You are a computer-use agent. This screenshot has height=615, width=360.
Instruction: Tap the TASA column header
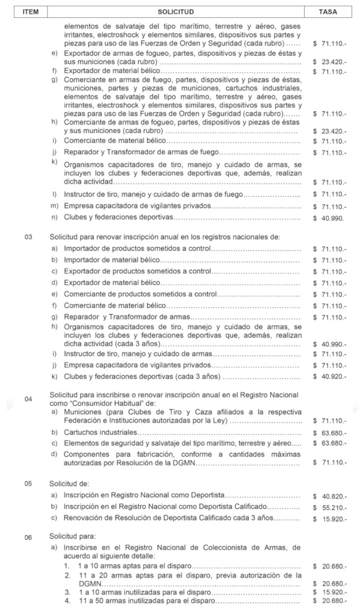(x=328, y=11)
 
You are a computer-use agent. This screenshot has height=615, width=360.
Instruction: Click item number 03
(x=28, y=237)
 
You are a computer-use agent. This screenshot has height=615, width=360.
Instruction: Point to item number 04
(x=28, y=399)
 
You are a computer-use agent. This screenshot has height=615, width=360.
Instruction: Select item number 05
(x=28, y=483)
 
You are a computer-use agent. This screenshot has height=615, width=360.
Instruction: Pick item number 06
(x=28, y=536)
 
